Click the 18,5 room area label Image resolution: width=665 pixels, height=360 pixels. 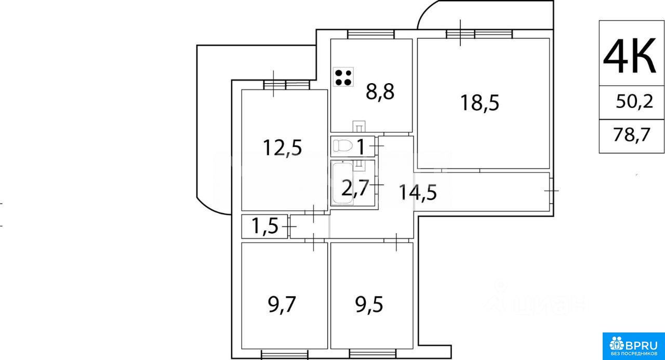pos(480,103)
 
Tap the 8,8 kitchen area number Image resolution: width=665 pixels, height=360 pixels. pos(380,92)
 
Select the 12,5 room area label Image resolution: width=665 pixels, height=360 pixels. pos(283,148)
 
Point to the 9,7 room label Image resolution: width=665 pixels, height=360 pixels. pos(282,305)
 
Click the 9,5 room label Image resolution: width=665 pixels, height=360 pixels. pos(369,305)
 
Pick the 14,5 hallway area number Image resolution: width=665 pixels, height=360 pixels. pos(417,192)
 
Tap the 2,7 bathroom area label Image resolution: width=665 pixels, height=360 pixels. pos(355,188)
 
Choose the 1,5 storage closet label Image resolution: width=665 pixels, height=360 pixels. pos(265,226)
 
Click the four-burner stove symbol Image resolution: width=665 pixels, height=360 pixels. pos(343,77)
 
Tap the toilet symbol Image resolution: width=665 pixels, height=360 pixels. pos(343,146)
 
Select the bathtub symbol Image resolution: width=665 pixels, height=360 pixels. pos(342,183)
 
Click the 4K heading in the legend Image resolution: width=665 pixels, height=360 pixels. pos(629,56)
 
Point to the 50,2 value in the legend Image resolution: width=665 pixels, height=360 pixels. pos(634,101)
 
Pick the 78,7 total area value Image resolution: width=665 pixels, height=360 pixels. pos(632,135)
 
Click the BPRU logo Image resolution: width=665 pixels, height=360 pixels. pos(633,346)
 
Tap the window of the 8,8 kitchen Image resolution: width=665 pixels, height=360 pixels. pos(371,34)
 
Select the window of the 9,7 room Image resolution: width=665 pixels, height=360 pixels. pos(285,354)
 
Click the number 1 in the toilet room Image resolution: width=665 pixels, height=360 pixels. pos(361,146)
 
